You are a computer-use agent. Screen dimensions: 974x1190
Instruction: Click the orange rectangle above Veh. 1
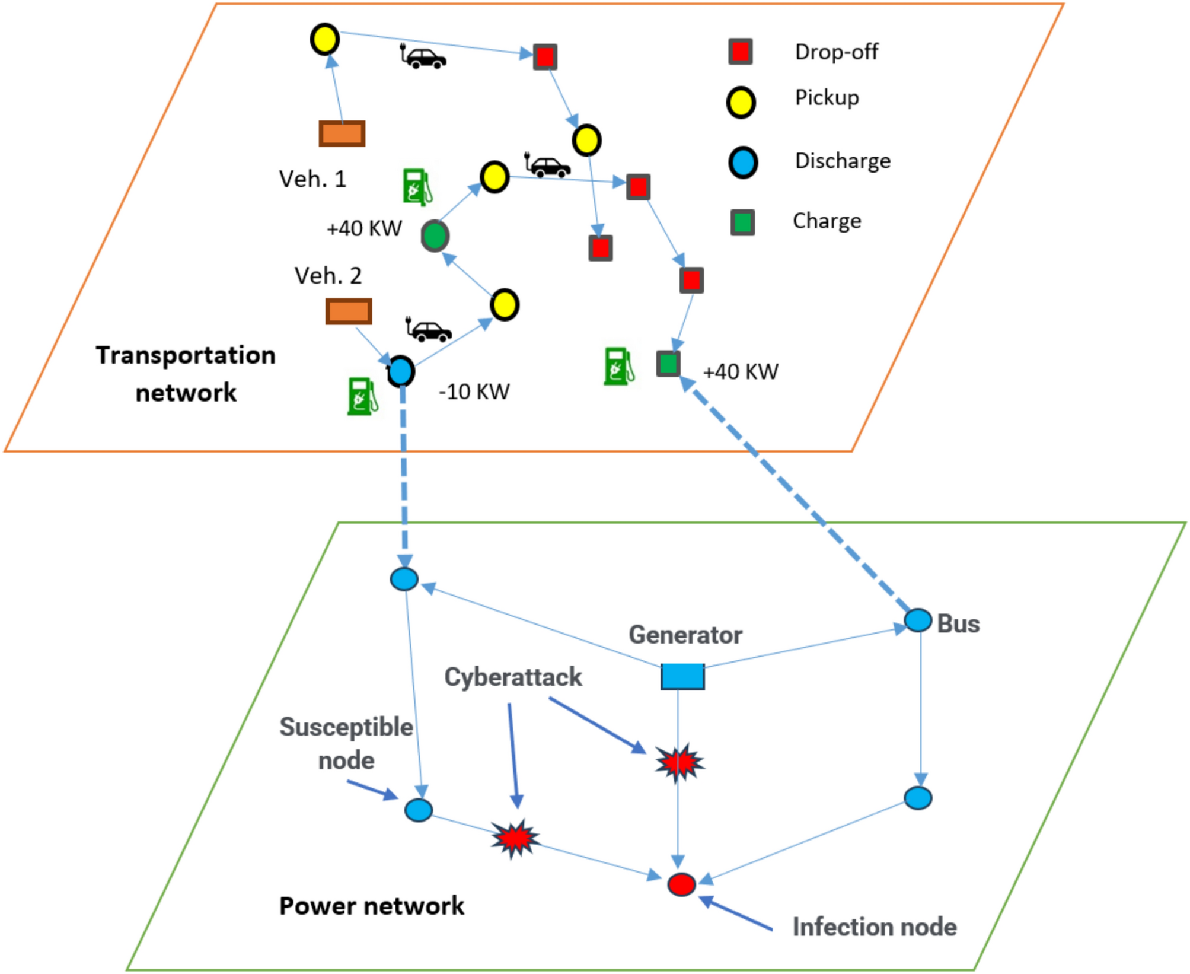(x=342, y=133)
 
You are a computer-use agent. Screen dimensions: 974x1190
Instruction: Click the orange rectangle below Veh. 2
(x=349, y=311)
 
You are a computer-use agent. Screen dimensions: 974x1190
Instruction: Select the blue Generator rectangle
(x=682, y=676)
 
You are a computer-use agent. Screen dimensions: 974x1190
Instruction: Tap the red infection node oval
(x=681, y=884)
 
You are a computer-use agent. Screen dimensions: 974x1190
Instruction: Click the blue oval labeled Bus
(x=918, y=620)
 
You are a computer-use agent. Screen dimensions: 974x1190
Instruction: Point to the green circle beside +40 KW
(x=435, y=236)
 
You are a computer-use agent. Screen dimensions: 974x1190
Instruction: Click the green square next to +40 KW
(x=668, y=364)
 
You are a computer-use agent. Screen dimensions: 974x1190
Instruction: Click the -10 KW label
(x=474, y=392)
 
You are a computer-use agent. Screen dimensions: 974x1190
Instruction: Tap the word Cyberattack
(x=513, y=677)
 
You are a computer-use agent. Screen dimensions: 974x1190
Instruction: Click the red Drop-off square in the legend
(x=741, y=52)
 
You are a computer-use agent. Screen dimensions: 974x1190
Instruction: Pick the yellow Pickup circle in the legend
(x=741, y=102)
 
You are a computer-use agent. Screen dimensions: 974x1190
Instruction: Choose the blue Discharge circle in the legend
(x=742, y=163)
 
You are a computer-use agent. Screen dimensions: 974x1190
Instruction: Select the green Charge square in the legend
(x=742, y=222)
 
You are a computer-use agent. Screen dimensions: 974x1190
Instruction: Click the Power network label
(x=371, y=906)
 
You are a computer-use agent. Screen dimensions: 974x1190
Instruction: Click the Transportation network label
(x=186, y=374)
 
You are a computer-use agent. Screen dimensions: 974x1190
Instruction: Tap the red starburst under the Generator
(x=679, y=762)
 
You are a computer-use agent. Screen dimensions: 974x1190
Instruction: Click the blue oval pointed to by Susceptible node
(x=418, y=810)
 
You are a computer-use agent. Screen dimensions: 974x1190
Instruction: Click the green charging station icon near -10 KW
(x=362, y=396)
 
